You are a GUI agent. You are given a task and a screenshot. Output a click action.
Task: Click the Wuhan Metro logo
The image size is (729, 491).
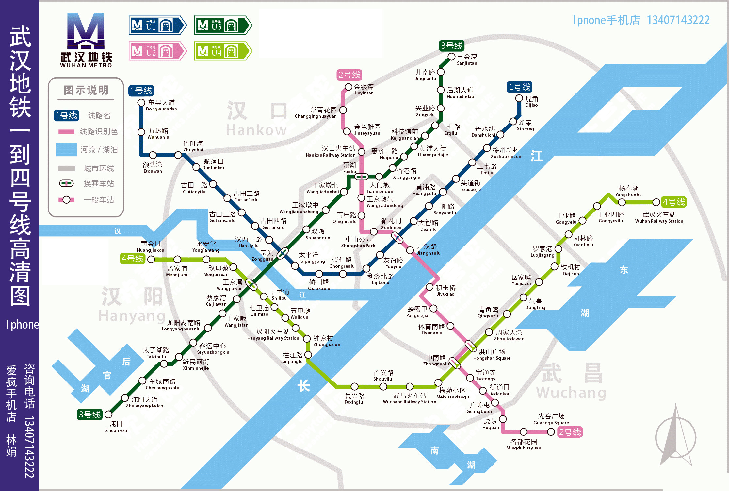(x=86, y=40)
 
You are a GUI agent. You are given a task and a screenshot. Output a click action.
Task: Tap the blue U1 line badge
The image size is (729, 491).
(x=157, y=25)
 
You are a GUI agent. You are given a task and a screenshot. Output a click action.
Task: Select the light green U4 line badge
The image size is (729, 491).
(x=222, y=51)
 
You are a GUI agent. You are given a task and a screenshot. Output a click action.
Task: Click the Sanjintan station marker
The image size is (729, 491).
(x=451, y=57)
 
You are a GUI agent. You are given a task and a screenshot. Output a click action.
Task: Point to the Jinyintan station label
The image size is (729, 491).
(x=364, y=89)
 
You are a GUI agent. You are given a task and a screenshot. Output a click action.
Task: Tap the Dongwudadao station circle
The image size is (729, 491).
(x=141, y=103)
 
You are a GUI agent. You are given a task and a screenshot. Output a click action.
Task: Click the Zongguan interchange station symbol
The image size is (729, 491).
(x=282, y=253)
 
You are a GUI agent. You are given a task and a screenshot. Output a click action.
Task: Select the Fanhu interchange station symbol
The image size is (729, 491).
(x=361, y=177)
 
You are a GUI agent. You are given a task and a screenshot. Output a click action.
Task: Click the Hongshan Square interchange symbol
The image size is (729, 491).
(x=471, y=346)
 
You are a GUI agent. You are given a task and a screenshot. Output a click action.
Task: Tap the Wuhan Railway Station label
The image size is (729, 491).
(x=659, y=217)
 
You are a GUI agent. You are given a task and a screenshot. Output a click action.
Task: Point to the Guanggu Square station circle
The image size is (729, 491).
(x=551, y=432)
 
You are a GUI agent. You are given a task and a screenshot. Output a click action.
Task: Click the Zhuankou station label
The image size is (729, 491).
(x=116, y=427)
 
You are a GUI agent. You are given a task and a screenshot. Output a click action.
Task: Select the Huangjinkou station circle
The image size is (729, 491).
(x=151, y=259)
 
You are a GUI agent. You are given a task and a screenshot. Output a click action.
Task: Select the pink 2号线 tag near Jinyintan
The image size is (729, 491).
(x=349, y=75)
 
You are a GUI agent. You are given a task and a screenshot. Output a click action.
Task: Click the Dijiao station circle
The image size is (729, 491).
(x=519, y=98)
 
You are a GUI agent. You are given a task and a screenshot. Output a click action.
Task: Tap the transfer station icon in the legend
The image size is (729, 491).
(x=66, y=183)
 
